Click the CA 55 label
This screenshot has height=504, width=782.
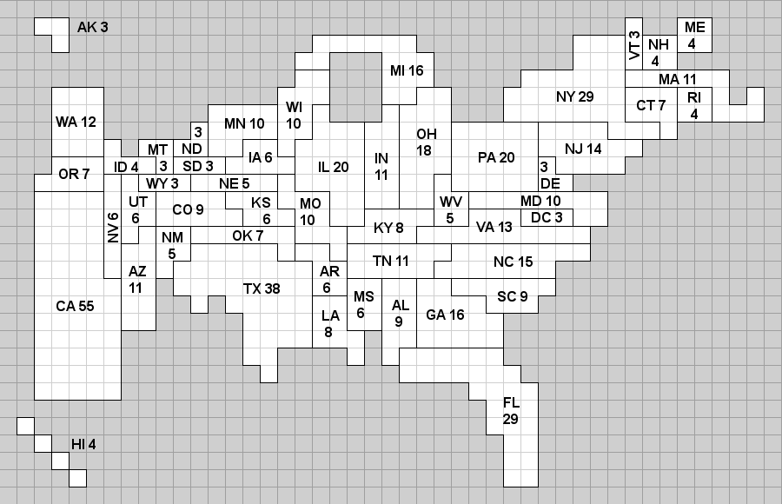pos(75,306)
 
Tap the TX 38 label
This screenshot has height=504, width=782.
pos(261,288)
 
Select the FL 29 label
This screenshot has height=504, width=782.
pos(511,410)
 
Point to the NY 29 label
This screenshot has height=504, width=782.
pos(574,96)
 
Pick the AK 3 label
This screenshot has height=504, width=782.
pos(93,27)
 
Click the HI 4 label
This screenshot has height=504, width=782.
pos(83,444)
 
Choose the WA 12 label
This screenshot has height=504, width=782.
pos(76,122)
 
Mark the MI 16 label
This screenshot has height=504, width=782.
pos(407,70)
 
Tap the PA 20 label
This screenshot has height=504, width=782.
pos(496,157)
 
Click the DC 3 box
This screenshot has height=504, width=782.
pos(547,217)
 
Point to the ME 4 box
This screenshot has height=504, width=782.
pos(695,35)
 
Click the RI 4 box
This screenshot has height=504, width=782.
pos(694,104)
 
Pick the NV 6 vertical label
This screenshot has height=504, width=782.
pos(113,228)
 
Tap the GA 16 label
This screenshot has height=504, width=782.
pos(445,315)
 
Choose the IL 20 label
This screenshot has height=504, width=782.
pos(333,167)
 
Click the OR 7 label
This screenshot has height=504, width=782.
pos(74,174)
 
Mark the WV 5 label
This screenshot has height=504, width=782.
pos(450,209)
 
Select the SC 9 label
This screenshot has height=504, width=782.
pos(512,296)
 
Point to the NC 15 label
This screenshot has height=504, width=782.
pos(514,262)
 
